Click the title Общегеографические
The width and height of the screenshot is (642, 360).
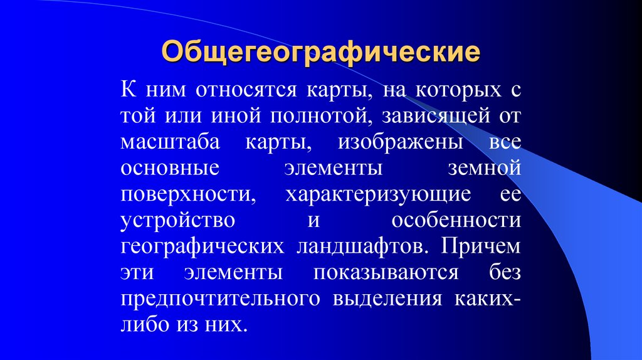[x=322, y=51]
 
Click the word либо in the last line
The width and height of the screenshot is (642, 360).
[x=142, y=326]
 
